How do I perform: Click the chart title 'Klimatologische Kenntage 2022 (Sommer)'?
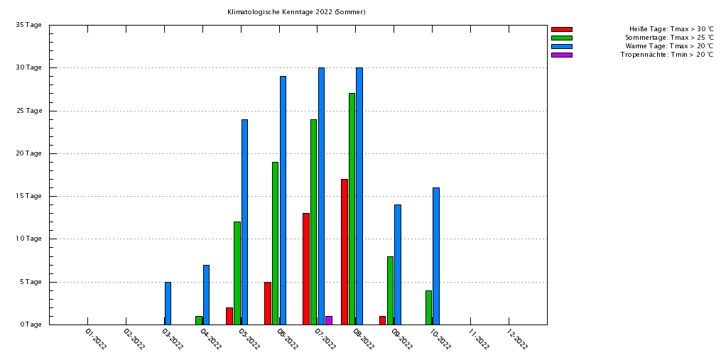click(x=296, y=12)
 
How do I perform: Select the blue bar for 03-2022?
click(x=168, y=303)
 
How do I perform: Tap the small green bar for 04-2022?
click(x=199, y=320)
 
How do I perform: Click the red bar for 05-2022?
click(x=229, y=316)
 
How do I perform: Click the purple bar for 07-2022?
click(x=329, y=320)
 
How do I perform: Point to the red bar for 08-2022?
click(x=345, y=251)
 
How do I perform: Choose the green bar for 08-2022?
click(x=352, y=209)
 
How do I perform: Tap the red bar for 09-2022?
click(x=382, y=320)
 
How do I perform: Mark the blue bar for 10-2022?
click(x=436, y=256)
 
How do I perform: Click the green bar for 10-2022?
click(x=428, y=307)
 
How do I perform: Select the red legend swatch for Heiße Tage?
click(x=561, y=29)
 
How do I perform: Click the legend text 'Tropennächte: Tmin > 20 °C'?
click(x=666, y=55)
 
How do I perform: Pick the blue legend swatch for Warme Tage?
click(x=561, y=46)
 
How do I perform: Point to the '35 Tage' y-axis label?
click(x=29, y=25)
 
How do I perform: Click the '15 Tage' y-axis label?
click(x=29, y=196)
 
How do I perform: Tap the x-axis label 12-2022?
click(x=517, y=339)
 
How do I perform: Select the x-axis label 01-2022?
click(x=96, y=339)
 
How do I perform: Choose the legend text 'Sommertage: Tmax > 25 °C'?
click(x=669, y=38)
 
